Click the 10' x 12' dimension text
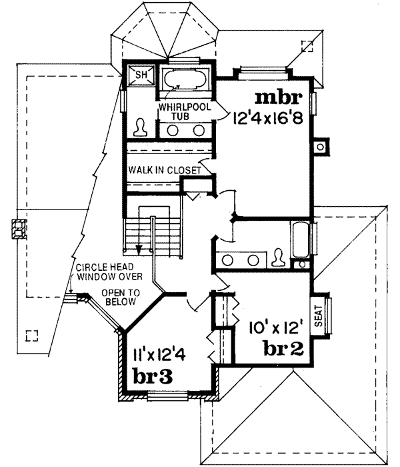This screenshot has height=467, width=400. point(275,328)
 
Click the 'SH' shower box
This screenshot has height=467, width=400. point(141,74)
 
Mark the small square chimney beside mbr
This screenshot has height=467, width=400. point(321,145)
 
